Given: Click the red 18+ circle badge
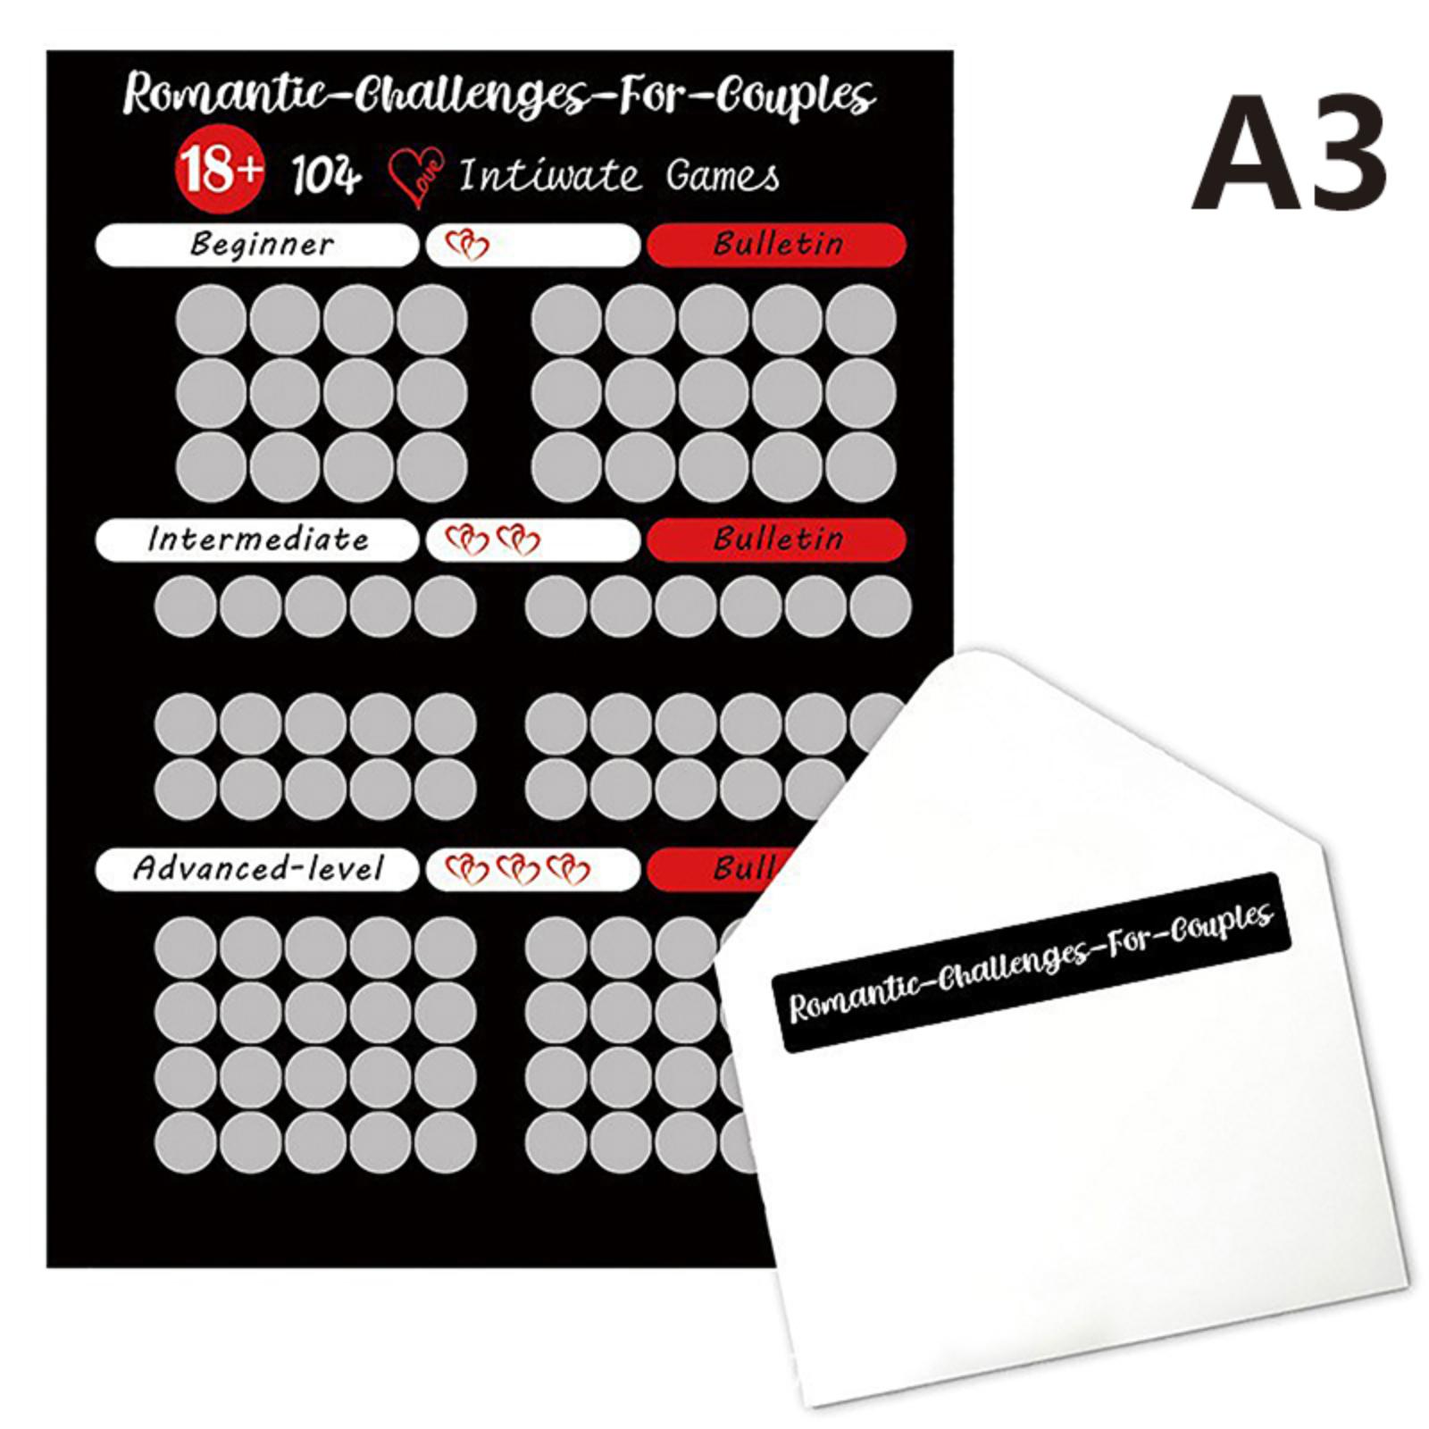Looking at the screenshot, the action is [x=220, y=171].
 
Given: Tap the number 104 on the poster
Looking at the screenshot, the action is [x=327, y=175].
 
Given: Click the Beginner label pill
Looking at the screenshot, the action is [x=256, y=244].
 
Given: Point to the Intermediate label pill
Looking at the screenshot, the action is [x=256, y=539].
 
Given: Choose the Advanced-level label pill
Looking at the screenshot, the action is [x=256, y=868].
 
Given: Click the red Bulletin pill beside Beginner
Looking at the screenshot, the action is [x=776, y=244].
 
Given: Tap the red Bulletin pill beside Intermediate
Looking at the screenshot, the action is [x=776, y=539].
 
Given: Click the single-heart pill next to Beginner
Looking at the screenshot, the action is [x=533, y=244].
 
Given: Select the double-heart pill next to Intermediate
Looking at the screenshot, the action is [x=533, y=539].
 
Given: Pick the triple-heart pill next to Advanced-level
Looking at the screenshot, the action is [x=533, y=868].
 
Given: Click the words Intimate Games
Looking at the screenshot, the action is [x=619, y=175].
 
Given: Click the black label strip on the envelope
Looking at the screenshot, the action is [x=1032, y=962].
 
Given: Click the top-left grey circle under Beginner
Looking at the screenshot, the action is [x=211, y=320].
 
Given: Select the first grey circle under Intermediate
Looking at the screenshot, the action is [x=185, y=606].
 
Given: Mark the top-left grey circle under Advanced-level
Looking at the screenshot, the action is [x=185, y=947].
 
